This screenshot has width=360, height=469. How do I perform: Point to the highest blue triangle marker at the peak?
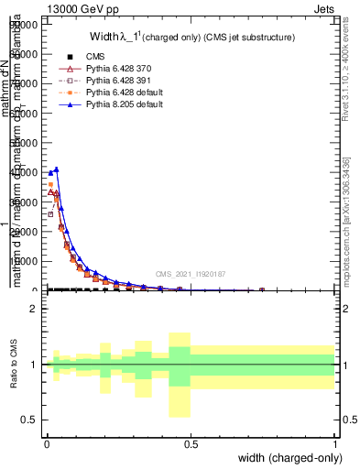point(57,169)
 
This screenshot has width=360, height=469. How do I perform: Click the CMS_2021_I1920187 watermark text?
point(190,273)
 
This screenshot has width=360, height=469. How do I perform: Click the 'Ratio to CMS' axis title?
point(14,365)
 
